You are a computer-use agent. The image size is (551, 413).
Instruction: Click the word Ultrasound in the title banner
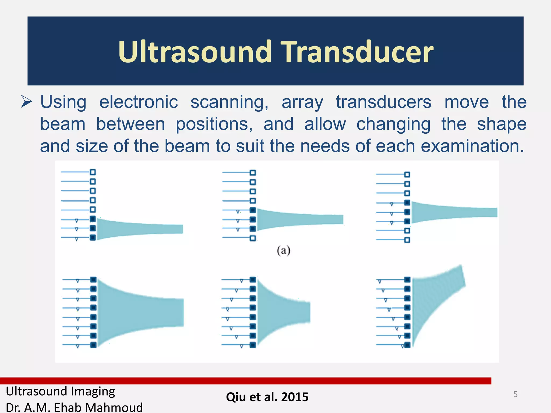click(195, 52)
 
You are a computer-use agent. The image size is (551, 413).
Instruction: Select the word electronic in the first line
click(139, 102)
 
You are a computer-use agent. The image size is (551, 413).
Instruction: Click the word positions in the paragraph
click(214, 124)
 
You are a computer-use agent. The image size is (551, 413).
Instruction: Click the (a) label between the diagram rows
click(284, 251)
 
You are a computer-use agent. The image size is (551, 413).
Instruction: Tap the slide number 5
click(515, 394)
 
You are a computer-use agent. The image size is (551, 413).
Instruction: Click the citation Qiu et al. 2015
click(267, 397)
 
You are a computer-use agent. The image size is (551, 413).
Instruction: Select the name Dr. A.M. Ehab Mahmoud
click(74, 407)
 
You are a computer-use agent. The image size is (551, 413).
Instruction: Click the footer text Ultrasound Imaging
click(61, 391)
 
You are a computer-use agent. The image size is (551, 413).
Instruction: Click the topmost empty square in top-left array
click(93, 172)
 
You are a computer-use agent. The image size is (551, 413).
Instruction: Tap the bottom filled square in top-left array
click(93, 238)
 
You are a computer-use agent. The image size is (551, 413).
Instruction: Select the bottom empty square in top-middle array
click(253, 238)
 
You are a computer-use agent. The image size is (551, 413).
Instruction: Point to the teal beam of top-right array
click(452, 212)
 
